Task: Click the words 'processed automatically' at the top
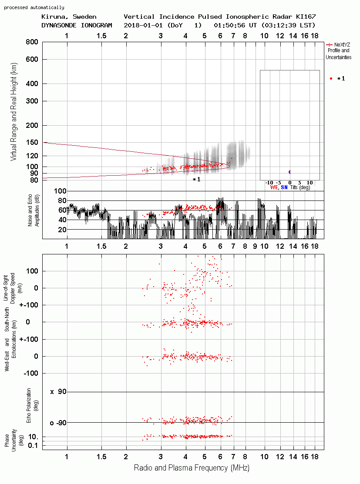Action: point(34,7)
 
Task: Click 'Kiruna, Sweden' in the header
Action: point(69,17)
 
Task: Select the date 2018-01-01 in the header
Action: point(143,25)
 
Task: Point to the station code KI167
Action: point(306,17)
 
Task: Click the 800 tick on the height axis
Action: point(32,42)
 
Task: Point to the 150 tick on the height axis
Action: point(32,143)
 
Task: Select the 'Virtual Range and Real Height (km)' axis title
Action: point(13,112)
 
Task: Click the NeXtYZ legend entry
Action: point(338,51)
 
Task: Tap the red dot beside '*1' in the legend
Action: point(331,79)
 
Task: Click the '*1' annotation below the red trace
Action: point(196,179)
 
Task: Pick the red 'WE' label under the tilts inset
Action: point(274,187)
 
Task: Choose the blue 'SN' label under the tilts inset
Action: point(284,187)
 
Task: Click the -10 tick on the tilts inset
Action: point(269,183)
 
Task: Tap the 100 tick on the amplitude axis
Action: point(60,191)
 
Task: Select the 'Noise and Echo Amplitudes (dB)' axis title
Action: point(34,210)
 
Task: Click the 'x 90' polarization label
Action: point(58,392)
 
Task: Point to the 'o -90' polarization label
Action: point(58,423)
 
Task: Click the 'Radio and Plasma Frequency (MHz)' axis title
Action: point(192,468)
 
